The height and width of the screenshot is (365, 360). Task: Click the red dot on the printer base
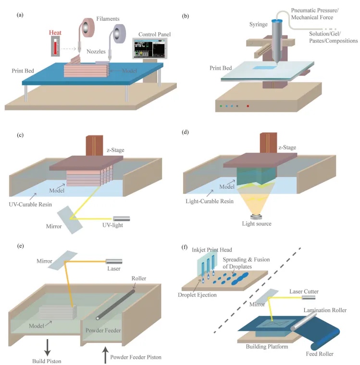248,106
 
